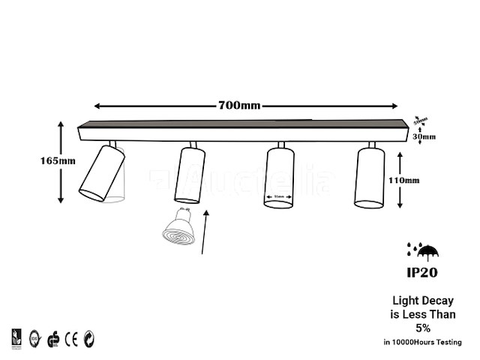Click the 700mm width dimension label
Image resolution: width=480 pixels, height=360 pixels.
(x=239, y=106)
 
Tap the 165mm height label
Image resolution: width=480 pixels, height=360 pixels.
(x=58, y=160)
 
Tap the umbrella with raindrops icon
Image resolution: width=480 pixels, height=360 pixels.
(x=421, y=249)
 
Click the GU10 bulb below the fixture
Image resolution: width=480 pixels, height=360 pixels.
(x=179, y=228)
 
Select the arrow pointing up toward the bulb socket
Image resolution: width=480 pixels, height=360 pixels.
(x=207, y=232)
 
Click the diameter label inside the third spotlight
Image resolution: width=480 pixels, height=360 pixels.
(x=278, y=198)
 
